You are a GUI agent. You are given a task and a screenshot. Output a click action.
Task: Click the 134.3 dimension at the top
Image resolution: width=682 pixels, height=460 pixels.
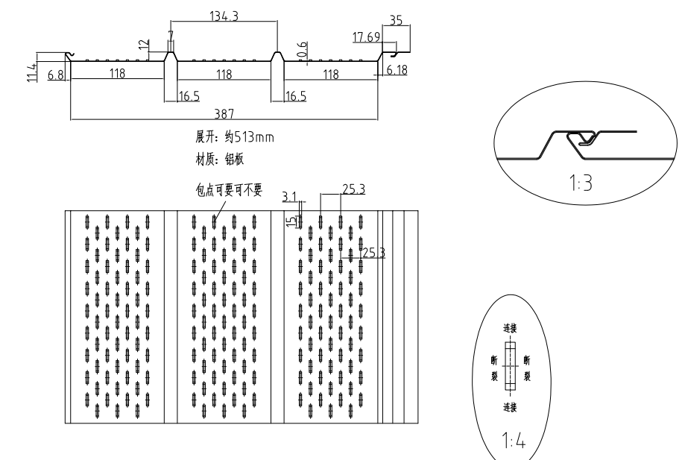tap(224, 16)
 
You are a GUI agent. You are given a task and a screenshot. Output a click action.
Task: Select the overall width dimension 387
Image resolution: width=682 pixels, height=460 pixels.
tap(224, 114)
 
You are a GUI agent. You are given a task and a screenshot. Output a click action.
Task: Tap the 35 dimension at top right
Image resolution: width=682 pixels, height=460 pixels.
tap(396, 20)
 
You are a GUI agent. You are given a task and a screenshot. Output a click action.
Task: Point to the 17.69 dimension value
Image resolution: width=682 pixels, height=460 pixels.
tap(366, 37)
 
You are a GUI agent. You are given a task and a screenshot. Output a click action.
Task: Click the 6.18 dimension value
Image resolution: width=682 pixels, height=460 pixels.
tap(397, 70)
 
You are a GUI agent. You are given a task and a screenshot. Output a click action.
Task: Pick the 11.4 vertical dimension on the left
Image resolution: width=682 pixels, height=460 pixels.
tap(31, 72)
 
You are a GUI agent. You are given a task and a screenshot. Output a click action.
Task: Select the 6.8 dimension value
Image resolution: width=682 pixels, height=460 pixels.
tap(56, 75)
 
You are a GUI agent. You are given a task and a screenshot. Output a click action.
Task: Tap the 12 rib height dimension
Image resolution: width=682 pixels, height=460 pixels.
tap(144, 45)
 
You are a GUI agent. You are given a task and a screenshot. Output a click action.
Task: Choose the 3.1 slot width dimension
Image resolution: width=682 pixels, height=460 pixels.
tap(288, 197)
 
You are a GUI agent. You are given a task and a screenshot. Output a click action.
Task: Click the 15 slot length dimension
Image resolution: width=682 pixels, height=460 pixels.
tap(291, 222)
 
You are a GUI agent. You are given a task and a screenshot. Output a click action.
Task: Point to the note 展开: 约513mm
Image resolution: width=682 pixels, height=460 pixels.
tap(235, 137)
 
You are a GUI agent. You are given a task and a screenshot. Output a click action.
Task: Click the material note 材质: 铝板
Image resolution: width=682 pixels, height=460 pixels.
tap(220, 160)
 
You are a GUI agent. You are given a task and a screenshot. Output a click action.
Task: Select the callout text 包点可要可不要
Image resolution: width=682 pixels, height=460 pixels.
tap(229, 190)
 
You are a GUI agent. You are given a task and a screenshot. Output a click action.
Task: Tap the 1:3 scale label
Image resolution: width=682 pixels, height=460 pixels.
tap(581, 183)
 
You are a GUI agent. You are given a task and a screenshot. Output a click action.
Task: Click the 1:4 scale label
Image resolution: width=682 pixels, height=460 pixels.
tap(514, 440)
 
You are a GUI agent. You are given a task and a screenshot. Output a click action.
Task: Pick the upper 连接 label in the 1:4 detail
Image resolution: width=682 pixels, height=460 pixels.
tap(510, 329)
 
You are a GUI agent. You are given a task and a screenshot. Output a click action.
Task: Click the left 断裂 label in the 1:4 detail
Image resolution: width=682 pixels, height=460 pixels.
tap(494, 368)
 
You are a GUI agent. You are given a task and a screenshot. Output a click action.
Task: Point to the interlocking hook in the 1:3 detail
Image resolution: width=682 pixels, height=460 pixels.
tap(582, 139)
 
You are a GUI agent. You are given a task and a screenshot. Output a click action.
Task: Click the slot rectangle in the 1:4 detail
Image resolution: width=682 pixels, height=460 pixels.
tap(510, 366)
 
